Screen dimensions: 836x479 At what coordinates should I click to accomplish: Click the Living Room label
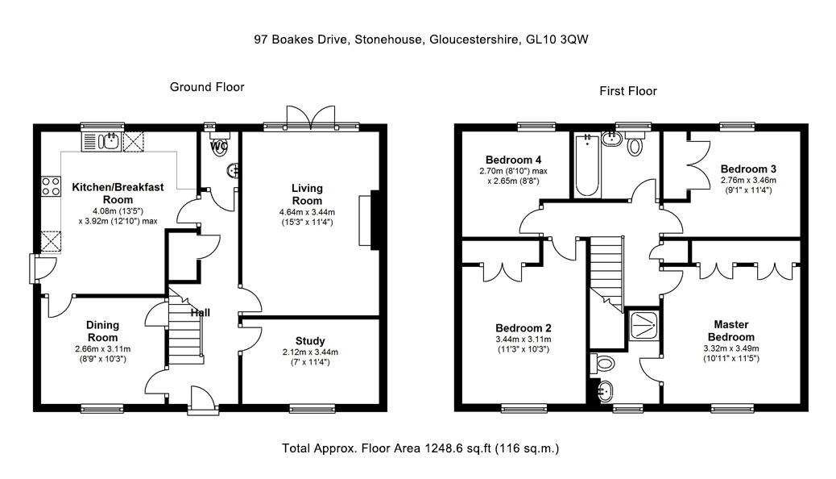307,194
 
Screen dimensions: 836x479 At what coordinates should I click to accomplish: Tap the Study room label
310,340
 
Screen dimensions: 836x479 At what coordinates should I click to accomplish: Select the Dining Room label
102,331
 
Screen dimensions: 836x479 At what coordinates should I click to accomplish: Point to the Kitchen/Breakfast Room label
118,194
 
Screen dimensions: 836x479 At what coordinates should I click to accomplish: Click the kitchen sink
101,141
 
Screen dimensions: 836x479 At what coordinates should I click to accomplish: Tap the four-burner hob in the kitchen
52,186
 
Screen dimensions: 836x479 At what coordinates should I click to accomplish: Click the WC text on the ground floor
219,145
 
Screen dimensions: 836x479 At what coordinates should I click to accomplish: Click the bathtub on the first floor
587,165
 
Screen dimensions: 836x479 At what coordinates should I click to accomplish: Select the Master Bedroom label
731,331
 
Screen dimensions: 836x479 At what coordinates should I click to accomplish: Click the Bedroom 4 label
513,160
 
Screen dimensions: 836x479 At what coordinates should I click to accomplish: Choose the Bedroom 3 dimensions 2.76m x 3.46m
748,180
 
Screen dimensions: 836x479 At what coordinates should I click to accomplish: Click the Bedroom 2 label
523,328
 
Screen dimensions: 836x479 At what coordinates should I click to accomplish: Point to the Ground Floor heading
207,87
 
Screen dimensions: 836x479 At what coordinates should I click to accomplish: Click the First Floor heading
628,91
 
